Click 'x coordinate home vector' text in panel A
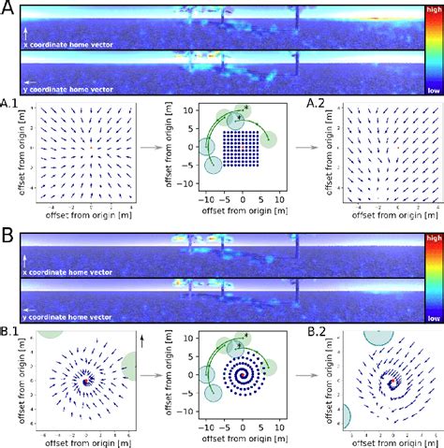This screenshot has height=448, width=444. click(x=68, y=44)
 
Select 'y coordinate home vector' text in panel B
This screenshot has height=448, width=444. click(x=68, y=317)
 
